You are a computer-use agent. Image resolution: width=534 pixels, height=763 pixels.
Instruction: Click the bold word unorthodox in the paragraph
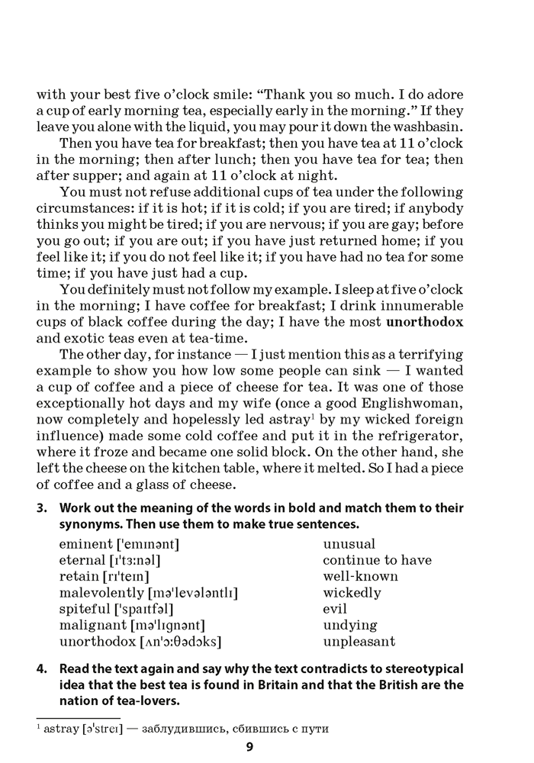[x=425, y=321]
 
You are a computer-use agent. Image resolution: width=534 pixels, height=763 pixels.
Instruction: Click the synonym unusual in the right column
[x=349, y=544]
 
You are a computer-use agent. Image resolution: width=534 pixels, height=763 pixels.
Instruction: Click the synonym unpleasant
[x=359, y=642]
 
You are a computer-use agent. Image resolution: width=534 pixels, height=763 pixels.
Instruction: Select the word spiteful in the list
[x=82, y=609]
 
